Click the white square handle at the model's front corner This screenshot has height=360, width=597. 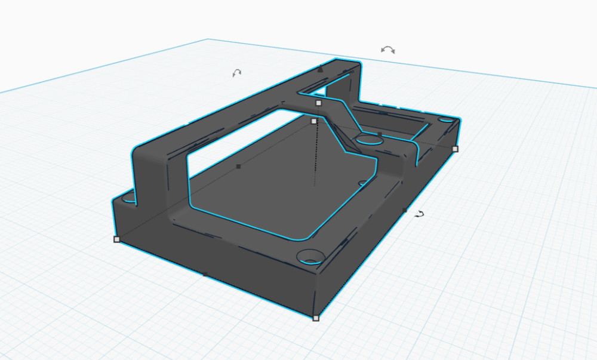click(316, 318)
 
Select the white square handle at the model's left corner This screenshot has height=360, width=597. click(116, 239)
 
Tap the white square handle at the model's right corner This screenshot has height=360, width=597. click(455, 149)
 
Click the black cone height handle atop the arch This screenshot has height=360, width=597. click(321, 69)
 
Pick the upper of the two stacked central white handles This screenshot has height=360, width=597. click(318, 103)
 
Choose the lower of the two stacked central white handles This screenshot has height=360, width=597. click(314, 121)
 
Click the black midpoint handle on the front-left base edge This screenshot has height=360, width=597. click(205, 275)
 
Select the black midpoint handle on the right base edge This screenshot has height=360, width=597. click(405, 210)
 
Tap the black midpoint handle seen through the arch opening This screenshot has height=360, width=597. click(238, 167)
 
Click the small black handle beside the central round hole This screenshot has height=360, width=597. click(380, 134)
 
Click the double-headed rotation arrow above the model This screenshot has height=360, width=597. click(388, 50)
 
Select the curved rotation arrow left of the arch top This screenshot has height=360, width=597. click(237, 73)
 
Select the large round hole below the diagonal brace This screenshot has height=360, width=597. click(368, 141)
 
